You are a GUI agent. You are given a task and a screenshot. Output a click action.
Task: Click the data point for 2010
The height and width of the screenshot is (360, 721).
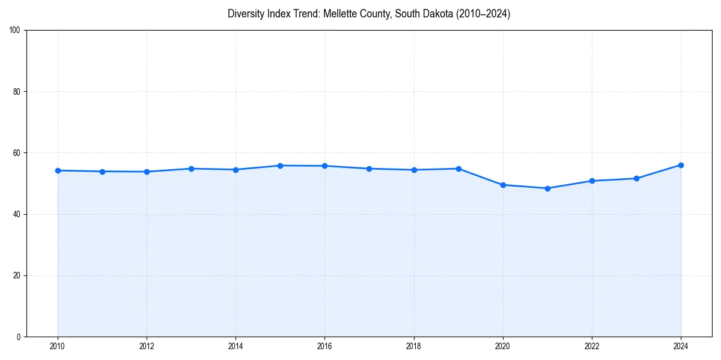(58, 170)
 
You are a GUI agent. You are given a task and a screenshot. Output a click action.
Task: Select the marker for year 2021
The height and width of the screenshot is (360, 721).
(547, 188)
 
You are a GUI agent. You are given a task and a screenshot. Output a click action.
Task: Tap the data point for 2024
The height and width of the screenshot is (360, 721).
(681, 165)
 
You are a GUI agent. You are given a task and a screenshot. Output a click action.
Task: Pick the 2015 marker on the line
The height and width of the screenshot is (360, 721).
(280, 166)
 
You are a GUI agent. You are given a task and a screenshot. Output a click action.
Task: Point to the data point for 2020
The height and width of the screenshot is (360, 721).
(503, 185)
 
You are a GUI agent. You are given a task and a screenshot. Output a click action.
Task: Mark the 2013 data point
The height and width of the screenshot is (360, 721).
(191, 169)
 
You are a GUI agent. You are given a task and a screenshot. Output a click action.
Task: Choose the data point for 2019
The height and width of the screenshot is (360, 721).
(458, 169)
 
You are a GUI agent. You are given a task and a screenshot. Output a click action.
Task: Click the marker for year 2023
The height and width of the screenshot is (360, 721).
(636, 178)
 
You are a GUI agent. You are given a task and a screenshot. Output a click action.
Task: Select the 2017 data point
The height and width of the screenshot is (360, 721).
(370, 169)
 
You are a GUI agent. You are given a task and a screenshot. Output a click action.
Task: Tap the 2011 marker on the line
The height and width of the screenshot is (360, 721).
(102, 172)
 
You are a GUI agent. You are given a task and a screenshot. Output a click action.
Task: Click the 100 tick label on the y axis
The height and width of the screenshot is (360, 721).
(15, 31)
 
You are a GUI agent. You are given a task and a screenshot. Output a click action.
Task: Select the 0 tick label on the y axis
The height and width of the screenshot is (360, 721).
(19, 337)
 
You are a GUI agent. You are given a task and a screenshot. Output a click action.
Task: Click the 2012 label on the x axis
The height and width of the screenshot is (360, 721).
(147, 346)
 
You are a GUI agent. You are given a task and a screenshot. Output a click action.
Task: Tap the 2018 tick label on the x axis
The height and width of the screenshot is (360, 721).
(414, 346)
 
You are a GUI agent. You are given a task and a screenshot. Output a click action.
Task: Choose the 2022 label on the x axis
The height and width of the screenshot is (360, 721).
(592, 346)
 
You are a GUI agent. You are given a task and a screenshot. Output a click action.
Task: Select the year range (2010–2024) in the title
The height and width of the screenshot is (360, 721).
(481, 14)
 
